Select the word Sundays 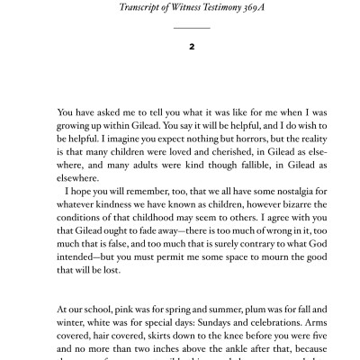pyautogui.click(x=186, y=326)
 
